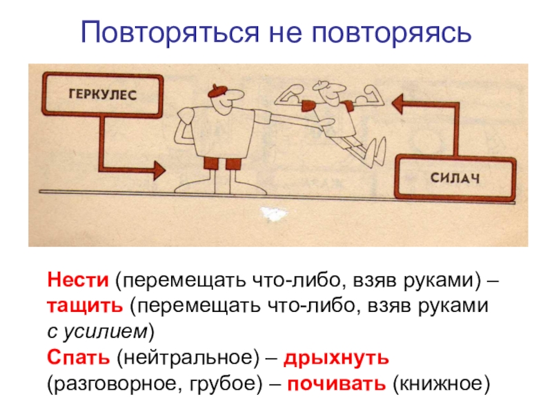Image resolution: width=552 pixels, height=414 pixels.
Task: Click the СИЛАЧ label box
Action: point(455,178)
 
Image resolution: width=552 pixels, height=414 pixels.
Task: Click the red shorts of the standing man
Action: point(222,164)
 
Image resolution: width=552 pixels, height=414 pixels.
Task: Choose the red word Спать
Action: point(78,358)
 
